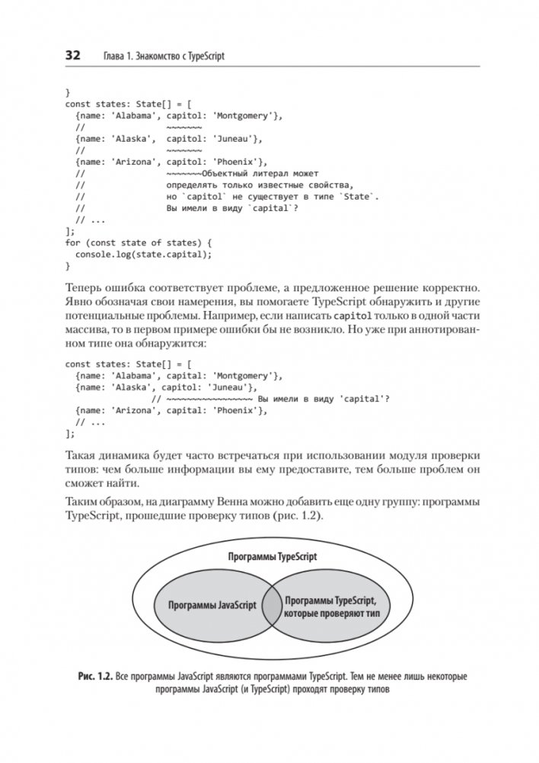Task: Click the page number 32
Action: [72, 56]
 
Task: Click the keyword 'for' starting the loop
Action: [73, 242]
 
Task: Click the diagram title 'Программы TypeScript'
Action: [272, 556]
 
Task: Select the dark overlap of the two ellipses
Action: [270, 606]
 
